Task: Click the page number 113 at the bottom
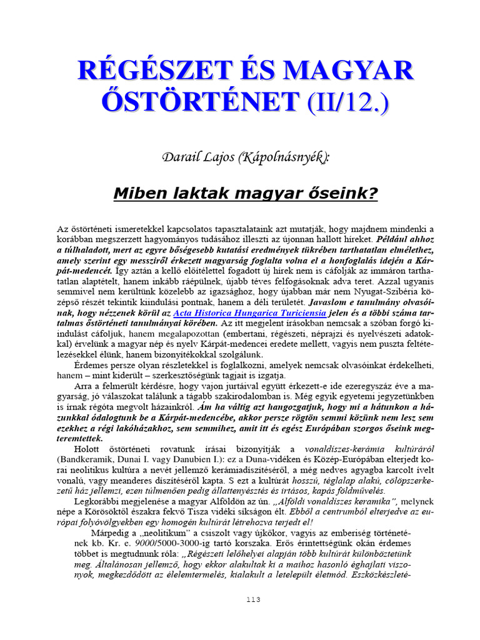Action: click(252, 599)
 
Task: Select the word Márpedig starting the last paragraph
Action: click(111, 532)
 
